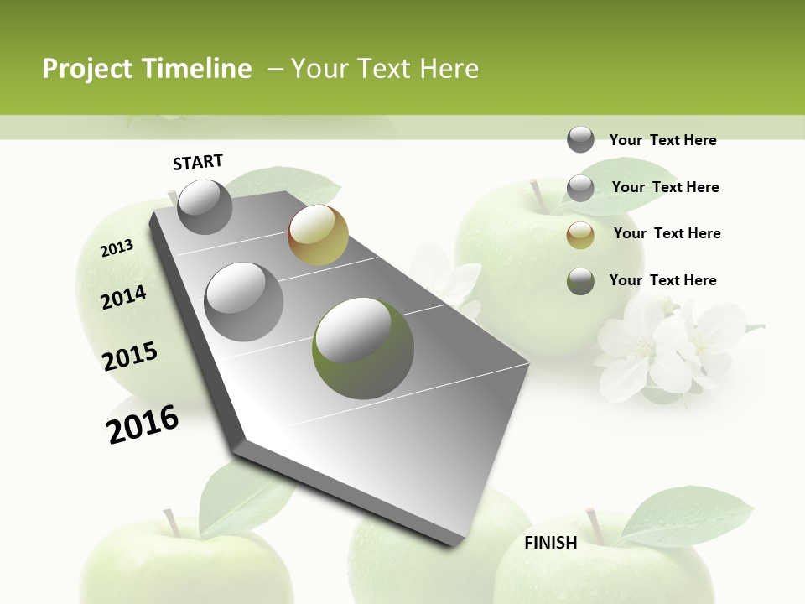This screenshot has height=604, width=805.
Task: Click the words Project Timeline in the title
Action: (x=147, y=69)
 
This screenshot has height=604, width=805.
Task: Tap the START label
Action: (x=198, y=162)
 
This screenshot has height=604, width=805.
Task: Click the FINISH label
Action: (x=551, y=543)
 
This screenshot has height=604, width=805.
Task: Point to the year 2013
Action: (x=117, y=248)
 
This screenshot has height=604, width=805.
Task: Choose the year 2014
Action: (x=123, y=297)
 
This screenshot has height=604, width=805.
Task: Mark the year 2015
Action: (x=130, y=357)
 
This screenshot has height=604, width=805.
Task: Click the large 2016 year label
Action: (x=143, y=424)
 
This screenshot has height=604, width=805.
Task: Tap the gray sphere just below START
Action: (x=205, y=206)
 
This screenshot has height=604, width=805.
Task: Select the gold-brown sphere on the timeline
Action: (x=318, y=235)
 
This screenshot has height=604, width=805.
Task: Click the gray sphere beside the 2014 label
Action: (x=244, y=301)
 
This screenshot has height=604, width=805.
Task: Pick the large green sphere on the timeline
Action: (x=363, y=348)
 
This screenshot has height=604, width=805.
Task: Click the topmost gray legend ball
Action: (x=580, y=140)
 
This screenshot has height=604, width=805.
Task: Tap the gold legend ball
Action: (x=580, y=234)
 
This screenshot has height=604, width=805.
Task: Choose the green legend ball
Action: (x=580, y=281)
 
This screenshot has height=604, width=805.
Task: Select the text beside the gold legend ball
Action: (x=667, y=233)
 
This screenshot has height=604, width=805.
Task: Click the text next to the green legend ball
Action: (x=662, y=280)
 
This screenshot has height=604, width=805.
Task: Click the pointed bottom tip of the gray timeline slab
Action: (x=454, y=544)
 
